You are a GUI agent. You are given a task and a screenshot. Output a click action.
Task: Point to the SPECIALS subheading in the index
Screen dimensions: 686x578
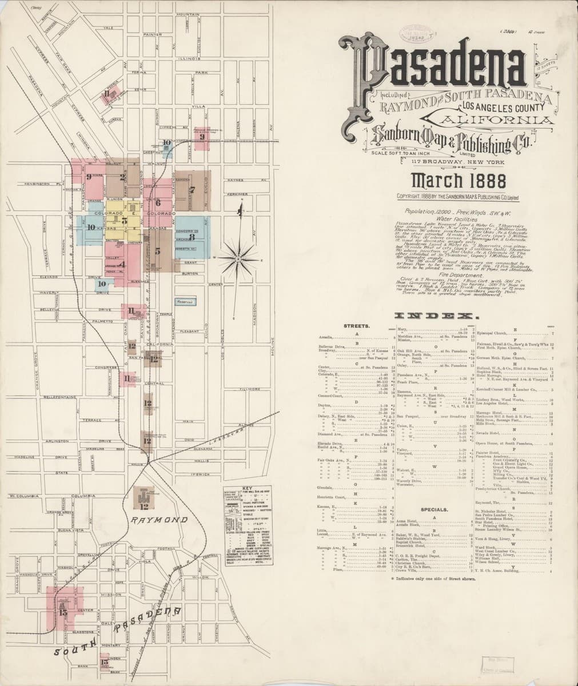[x=433, y=509]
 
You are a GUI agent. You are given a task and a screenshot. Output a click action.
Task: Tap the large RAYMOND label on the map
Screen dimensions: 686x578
[x=159, y=520]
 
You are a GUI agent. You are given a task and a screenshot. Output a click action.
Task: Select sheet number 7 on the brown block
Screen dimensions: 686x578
[x=193, y=189]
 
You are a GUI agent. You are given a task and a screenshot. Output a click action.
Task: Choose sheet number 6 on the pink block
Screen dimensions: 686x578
[x=157, y=201]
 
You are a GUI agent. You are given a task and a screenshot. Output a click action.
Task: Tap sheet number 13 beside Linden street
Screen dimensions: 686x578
[x=103, y=663]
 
